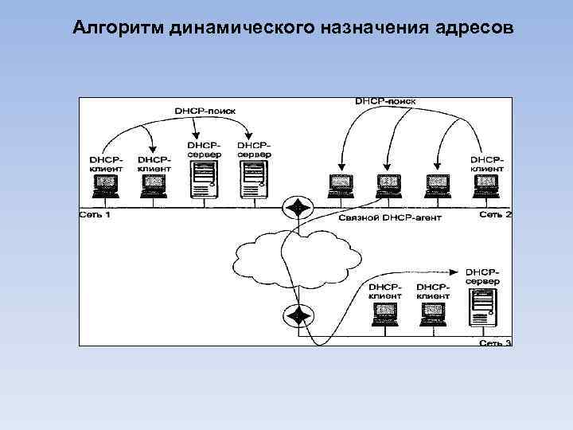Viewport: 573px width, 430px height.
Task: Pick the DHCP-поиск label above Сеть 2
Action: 385,102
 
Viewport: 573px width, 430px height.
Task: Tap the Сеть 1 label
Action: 95,215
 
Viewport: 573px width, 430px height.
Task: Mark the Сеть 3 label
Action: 495,342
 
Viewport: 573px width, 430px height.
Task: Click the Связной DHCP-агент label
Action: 389,217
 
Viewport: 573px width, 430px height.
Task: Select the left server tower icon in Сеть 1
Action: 204,177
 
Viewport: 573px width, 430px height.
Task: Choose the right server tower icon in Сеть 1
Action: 253,177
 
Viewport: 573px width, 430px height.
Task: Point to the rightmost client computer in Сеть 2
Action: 485,186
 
